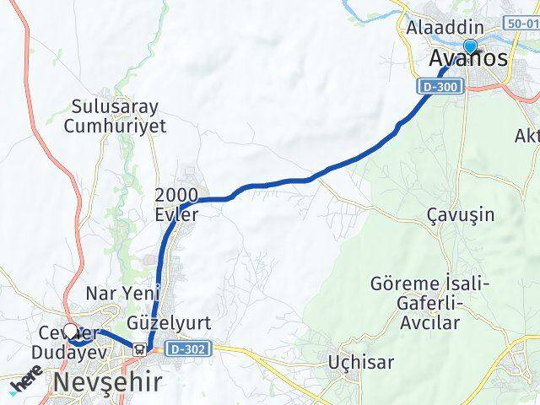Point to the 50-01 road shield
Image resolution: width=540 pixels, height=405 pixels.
(522, 24)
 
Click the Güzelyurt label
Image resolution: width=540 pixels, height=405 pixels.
(168, 323)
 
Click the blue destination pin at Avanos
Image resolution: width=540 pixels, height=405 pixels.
(470, 47)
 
